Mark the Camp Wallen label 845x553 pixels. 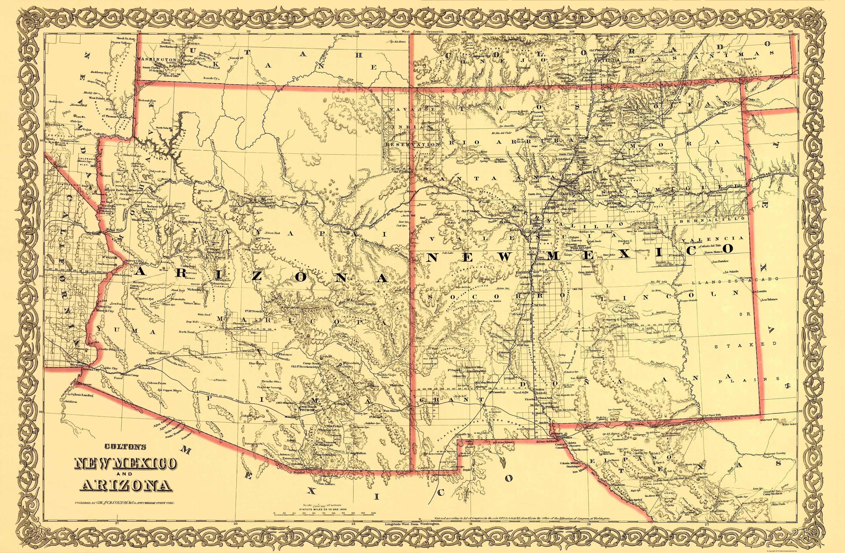[x=357, y=453]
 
